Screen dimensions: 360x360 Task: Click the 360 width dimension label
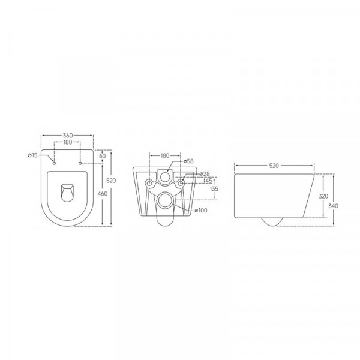[67, 136]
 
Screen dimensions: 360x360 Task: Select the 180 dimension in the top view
[67, 142]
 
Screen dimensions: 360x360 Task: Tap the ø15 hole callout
[34, 156]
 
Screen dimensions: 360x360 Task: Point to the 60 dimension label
[103, 155]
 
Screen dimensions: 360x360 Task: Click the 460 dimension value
[103, 193]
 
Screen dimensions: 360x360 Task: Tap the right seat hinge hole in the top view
[80, 163]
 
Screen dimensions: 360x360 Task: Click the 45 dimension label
[208, 180]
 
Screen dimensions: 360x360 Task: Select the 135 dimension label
[214, 188]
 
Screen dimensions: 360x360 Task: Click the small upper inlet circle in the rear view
[165, 177]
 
